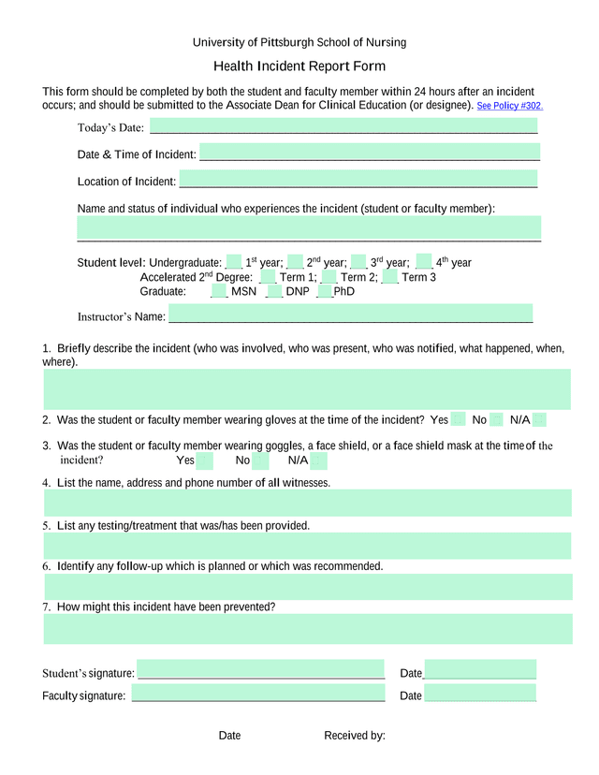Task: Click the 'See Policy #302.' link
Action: tap(509, 107)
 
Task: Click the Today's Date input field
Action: tap(343, 126)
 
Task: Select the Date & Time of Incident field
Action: tap(369, 154)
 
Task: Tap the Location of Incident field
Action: tap(358, 181)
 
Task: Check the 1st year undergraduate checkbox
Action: tap(234, 262)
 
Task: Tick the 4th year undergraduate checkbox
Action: tap(424, 262)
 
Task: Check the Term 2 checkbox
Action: tap(329, 277)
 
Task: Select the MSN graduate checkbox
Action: tap(219, 291)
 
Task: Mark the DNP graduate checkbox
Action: tap(274, 291)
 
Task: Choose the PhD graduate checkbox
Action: tap(325, 291)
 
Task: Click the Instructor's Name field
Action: tap(350, 314)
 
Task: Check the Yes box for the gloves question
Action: tap(458, 419)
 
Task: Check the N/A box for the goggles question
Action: tap(318, 461)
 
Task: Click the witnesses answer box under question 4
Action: tap(307, 503)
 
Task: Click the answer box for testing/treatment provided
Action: tap(307, 546)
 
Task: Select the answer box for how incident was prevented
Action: tap(307, 629)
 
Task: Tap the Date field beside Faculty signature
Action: tap(480, 694)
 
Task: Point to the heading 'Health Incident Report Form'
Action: tap(299, 66)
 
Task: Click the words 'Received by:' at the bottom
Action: tap(355, 736)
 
